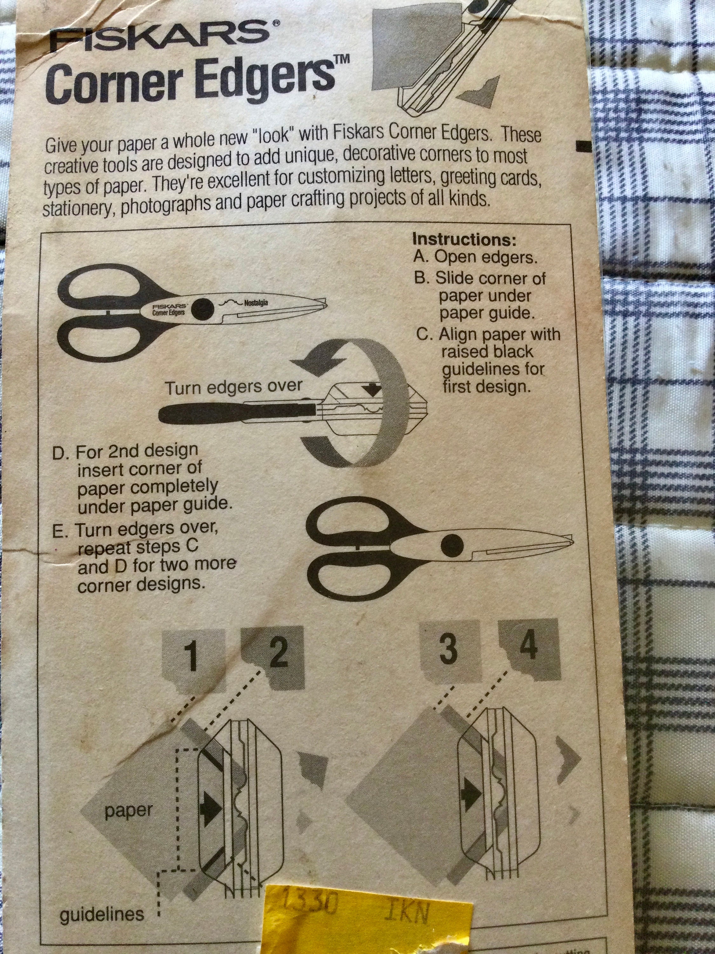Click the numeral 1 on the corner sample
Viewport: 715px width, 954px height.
[193, 656]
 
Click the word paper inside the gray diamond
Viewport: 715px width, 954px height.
[128, 811]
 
